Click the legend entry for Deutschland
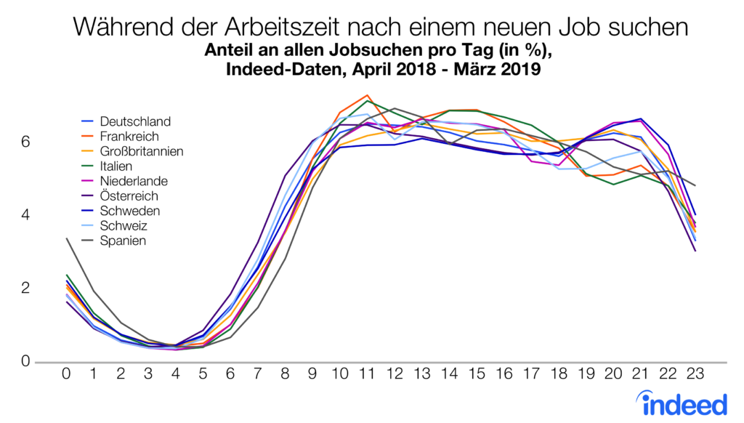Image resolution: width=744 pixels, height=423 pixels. (x=135, y=121)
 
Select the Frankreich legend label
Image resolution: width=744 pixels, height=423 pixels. (x=129, y=137)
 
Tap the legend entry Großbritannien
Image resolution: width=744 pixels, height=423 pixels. (x=142, y=151)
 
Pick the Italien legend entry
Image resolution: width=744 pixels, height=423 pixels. (x=120, y=166)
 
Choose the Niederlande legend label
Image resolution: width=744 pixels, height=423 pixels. (x=134, y=181)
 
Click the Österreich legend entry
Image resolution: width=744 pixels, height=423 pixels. (x=129, y=196)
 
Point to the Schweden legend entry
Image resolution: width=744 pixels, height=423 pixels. (x=129, y=211)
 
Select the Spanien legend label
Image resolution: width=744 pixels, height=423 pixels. (x=123, y=241)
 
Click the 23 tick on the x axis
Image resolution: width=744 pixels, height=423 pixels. (x=695, y=376)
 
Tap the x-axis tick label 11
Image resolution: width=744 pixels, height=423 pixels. (x=368, y=376)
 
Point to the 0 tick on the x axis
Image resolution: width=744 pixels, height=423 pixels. (x=67, y=376)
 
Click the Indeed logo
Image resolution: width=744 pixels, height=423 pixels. (x=682, y=401)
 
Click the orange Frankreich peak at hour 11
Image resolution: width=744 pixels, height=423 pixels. (x=368, y=95)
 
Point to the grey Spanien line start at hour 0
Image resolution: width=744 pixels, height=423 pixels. (x=67, y=238)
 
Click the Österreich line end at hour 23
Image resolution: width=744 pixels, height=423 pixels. (x=695, y=251)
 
